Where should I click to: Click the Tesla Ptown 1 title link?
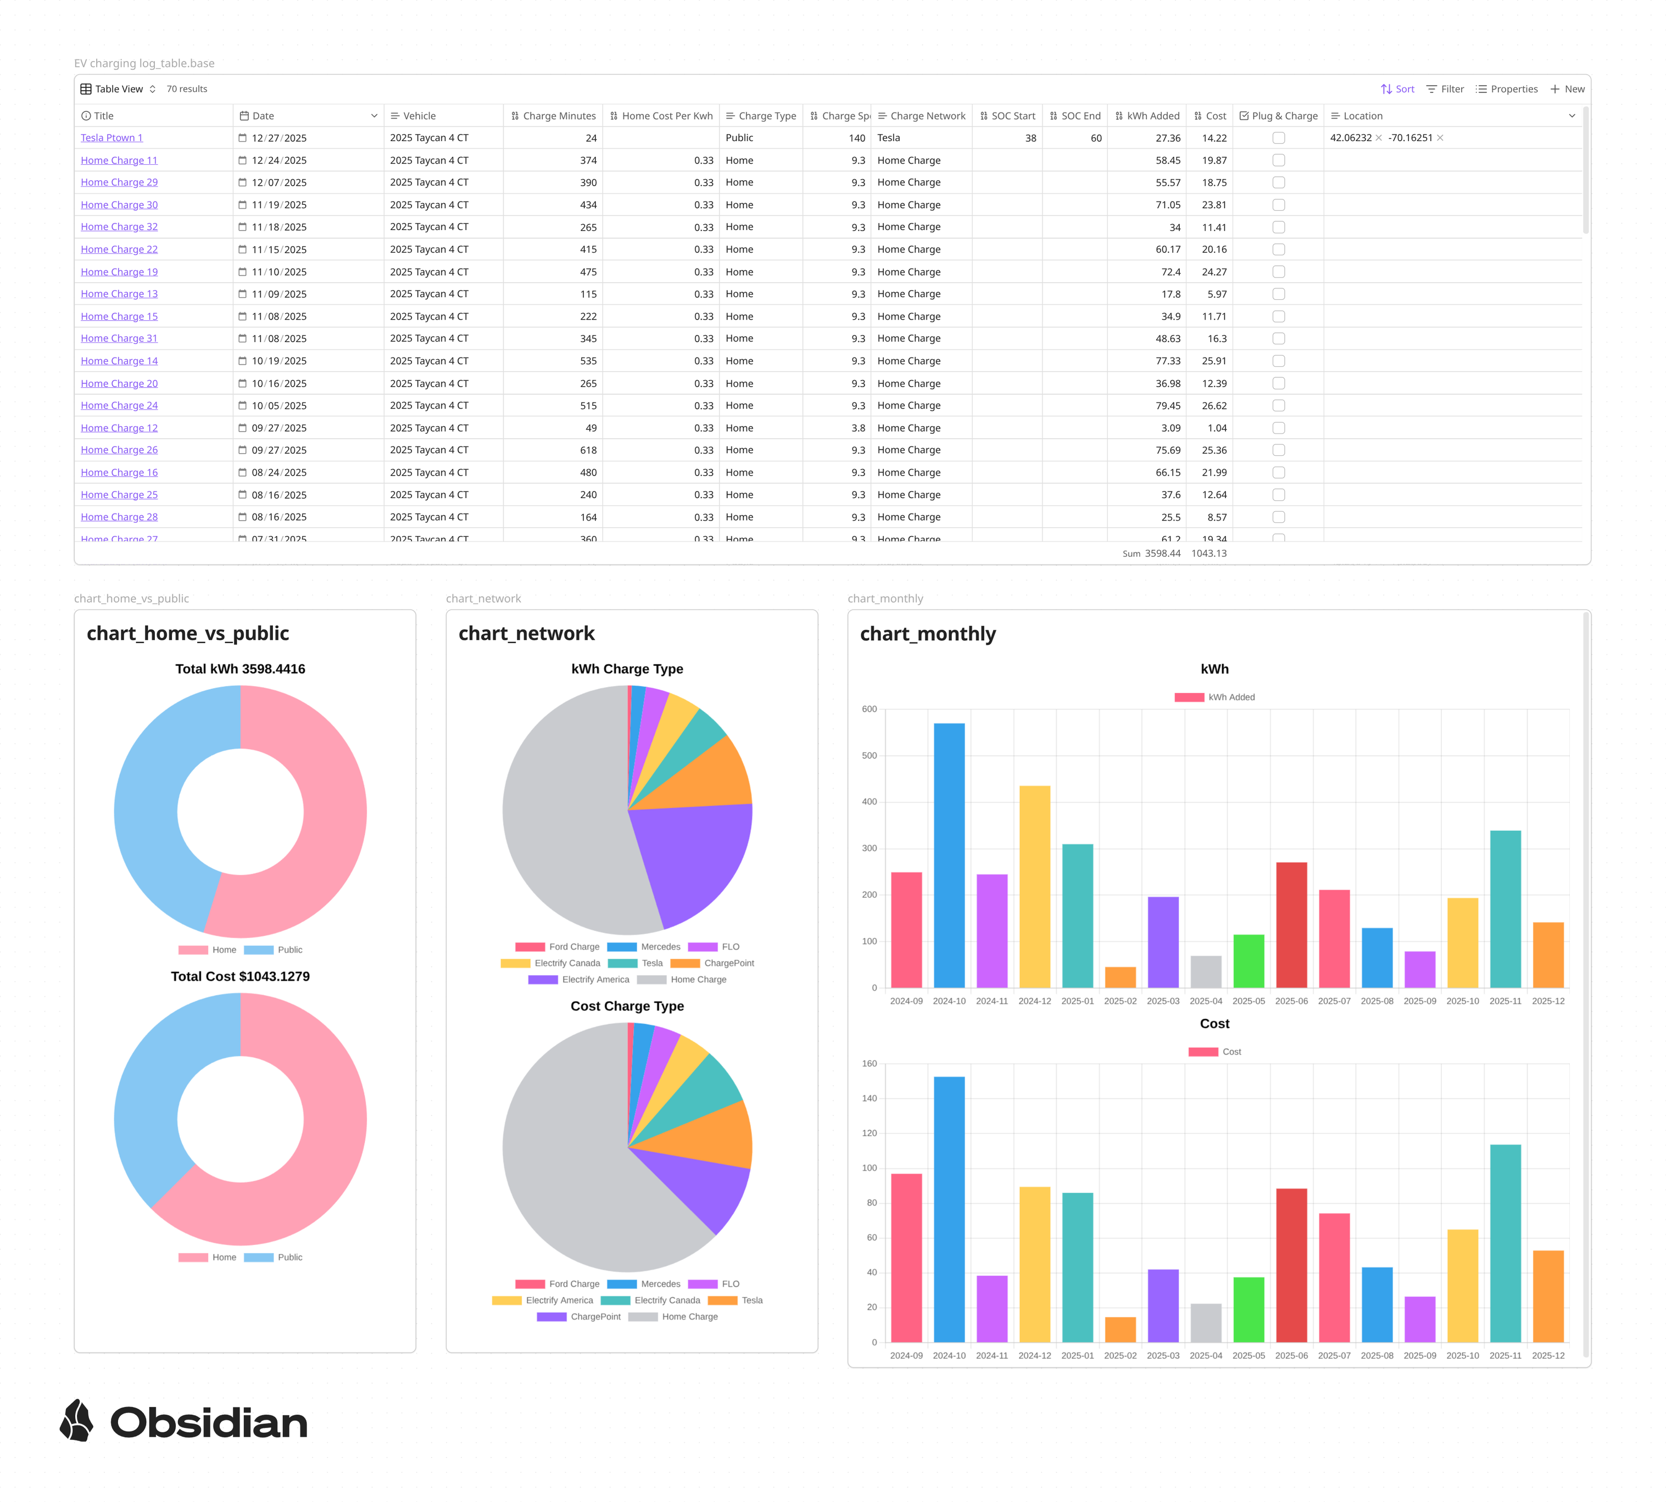[112, 138]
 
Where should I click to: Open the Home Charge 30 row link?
[119, 205]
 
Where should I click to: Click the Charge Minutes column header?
[553, 115]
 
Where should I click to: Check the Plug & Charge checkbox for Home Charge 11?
[1278, 160]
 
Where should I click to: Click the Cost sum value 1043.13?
[1208, 554]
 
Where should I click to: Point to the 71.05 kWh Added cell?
[1167, 205]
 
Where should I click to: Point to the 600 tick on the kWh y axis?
[868, 709]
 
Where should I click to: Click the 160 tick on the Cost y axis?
[868, 1064]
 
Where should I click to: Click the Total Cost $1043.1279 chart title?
[240, 976]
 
